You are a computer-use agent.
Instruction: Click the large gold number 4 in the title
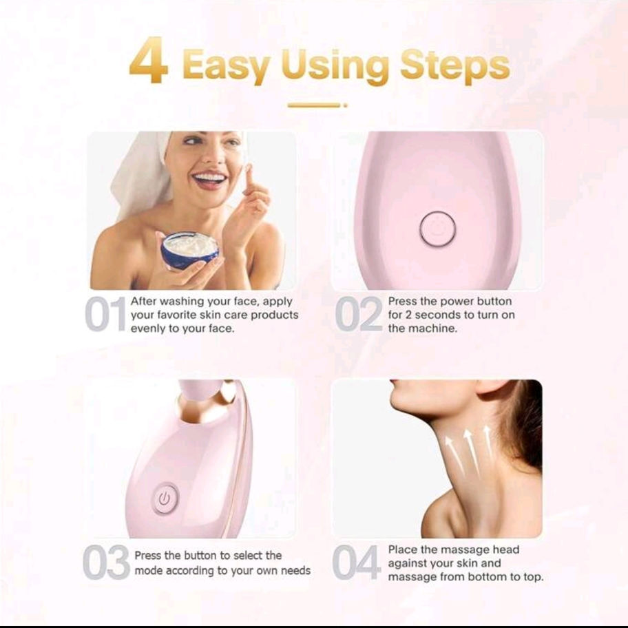click(x=148, y=60)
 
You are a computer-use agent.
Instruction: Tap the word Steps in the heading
click(x=455, y=65)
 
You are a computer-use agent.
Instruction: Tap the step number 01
click(x=105, y=315)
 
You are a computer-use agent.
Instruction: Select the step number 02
click(x=359, y=315)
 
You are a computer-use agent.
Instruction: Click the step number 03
click(x=106, y=562)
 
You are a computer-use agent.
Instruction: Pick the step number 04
click(x=355, y=562)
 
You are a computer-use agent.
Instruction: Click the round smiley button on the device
click(x=437, y=229)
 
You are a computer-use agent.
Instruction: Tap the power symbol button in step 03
click(x=165, y=499)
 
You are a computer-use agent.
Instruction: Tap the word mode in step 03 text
click(x=148, y=571)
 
